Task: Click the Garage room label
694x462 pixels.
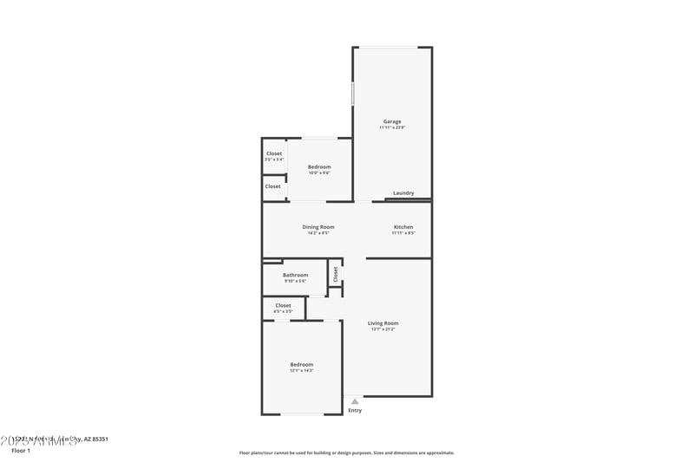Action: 392,121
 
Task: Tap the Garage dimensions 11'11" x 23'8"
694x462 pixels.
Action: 392,127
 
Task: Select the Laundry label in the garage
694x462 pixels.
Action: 403,193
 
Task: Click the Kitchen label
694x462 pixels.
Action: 403,227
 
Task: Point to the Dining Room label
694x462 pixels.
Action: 318,227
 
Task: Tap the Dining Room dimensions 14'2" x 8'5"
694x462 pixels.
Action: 318,233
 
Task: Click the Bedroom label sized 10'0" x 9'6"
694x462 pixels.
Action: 319,166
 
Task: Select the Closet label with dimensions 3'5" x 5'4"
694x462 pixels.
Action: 274,153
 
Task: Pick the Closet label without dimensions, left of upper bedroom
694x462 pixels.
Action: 273,186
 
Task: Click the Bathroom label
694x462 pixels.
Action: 296,275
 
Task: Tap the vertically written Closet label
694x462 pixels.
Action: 335,273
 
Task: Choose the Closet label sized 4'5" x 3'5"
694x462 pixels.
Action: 284,305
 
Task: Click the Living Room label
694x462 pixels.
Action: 383,323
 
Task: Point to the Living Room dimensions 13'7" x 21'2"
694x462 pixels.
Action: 383,329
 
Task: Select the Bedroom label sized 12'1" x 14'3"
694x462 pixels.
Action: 302,365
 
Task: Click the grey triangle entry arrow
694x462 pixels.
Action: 355,401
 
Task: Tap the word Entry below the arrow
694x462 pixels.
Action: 355,410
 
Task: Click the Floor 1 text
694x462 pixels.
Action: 20,451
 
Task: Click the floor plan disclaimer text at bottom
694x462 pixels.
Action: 347,452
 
